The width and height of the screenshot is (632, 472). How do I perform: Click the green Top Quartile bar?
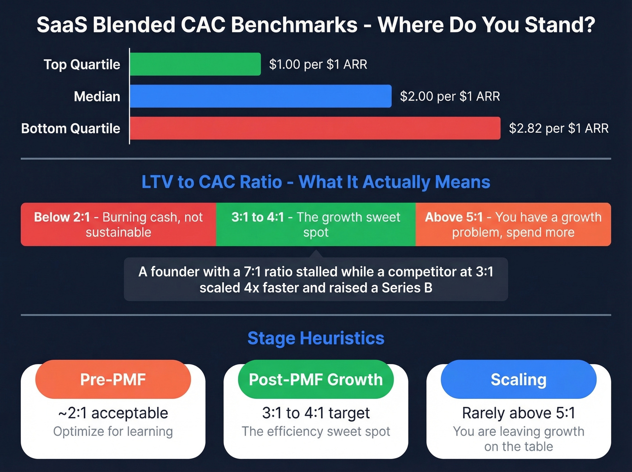click(x=195, y=64)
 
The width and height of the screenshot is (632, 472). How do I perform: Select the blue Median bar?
click(x=260, y=96)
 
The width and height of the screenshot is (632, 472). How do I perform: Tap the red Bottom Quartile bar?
click(x=315, y=128)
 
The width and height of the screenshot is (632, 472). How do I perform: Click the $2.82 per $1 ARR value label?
click(x=558, y=128)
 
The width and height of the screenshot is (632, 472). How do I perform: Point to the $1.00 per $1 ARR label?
click(x=318, y=64)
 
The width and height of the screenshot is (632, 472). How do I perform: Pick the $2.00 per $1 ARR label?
click(x=450, y=96)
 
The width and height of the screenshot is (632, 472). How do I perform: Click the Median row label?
click(x=97, y=96)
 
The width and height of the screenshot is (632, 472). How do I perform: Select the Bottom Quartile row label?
click(x=71, y=128)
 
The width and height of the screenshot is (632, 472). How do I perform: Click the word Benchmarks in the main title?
click(x=294, y=25)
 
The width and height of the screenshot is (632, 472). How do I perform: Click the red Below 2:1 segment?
click(x=118, y=224)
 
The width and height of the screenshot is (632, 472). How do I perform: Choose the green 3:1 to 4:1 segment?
click(x=316, y=224)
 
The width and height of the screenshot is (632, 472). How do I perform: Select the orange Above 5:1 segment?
click(x=513, y=224)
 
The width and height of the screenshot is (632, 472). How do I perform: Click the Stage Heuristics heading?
click(x=316, y=338)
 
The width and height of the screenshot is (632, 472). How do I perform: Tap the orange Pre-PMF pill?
click(x=113, y=379)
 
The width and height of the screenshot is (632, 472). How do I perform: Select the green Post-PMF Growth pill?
click(x=316, y=379)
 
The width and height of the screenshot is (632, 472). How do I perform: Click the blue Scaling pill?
click(x=518, y=379)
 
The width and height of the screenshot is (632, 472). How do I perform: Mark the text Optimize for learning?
click(x=113, y=431)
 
